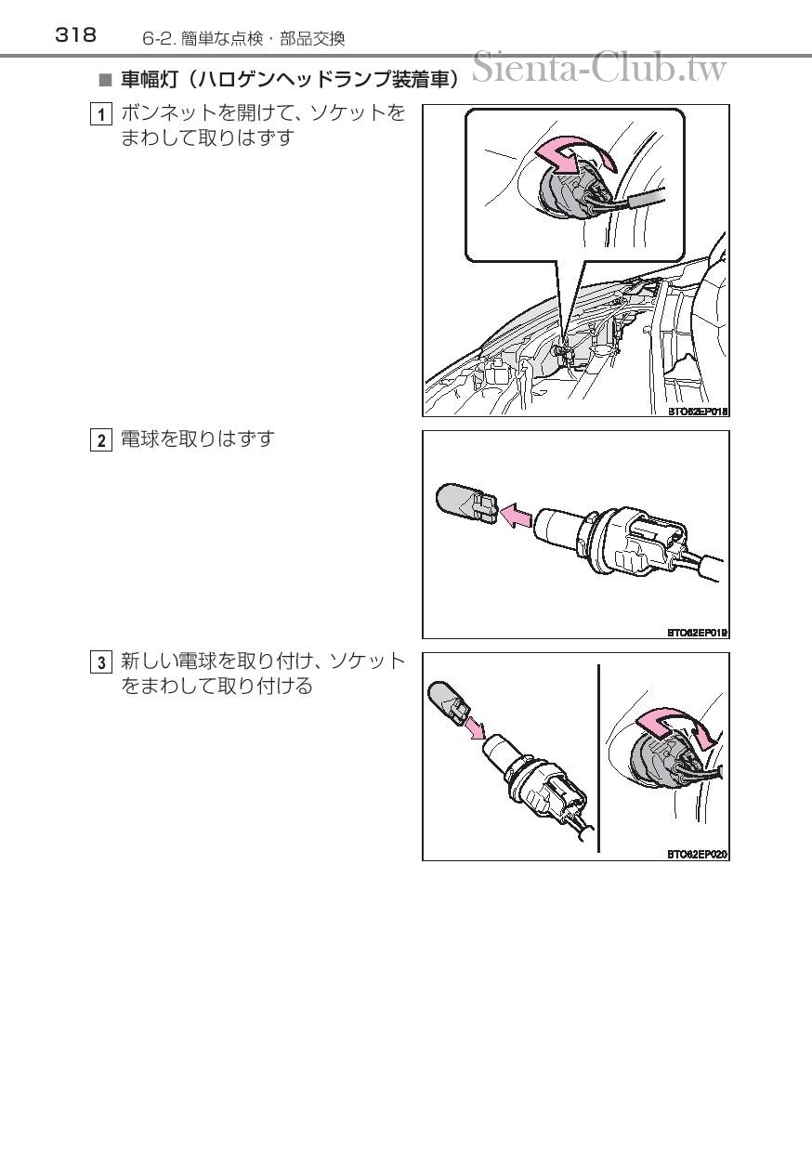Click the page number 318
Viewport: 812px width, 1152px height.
pyautogui.click(x=75, y=35)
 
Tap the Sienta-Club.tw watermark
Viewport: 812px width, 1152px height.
pyautogui.click(x=599, y=68)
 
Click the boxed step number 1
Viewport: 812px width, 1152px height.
pyautogui.click(x=100, y=114)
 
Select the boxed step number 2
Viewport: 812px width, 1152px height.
pyautogui.click(x=100, y=440)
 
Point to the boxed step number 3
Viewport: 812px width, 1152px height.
pyautogui.click(x=100, y=662)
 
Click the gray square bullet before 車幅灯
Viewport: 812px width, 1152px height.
pyautogui.click(x=105, y=80)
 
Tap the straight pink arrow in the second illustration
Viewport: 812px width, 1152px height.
pyautogui.click(x=516, y=515)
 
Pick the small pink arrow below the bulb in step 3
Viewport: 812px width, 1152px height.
pyautogui.click(x=474, y=727)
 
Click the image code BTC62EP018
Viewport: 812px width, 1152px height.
pyautogui.click(x=698, y=411)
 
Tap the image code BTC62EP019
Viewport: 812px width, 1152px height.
pyautogui.click(x=698, y=633)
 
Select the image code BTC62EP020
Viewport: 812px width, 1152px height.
pyautogui.click(x=698, y=855)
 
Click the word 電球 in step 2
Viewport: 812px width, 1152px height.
pyautogui.click(x=140, y=439)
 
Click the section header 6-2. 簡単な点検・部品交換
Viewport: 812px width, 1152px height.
pyautogui.click(x=243, y=39)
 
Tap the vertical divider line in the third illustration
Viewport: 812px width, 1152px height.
pyautogui.click(x=598, y=758)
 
